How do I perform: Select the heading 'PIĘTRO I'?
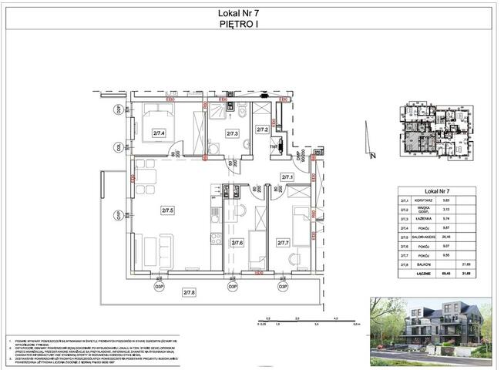tap(251, 24)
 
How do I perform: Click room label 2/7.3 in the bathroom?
tap(231, 133)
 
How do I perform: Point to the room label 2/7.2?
tap(262, 129)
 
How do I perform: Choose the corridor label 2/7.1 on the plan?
tap(288, 177)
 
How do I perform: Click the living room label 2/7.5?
tap(167, 209)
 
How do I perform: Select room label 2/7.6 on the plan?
tap(237, 243)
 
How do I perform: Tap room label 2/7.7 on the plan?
tap(282, 243)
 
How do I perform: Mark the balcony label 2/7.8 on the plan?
tap(190, 292)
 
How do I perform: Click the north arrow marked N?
tap(371, 155)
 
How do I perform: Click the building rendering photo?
tap(432, 330)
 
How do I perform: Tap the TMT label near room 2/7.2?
tap(273, 146)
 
